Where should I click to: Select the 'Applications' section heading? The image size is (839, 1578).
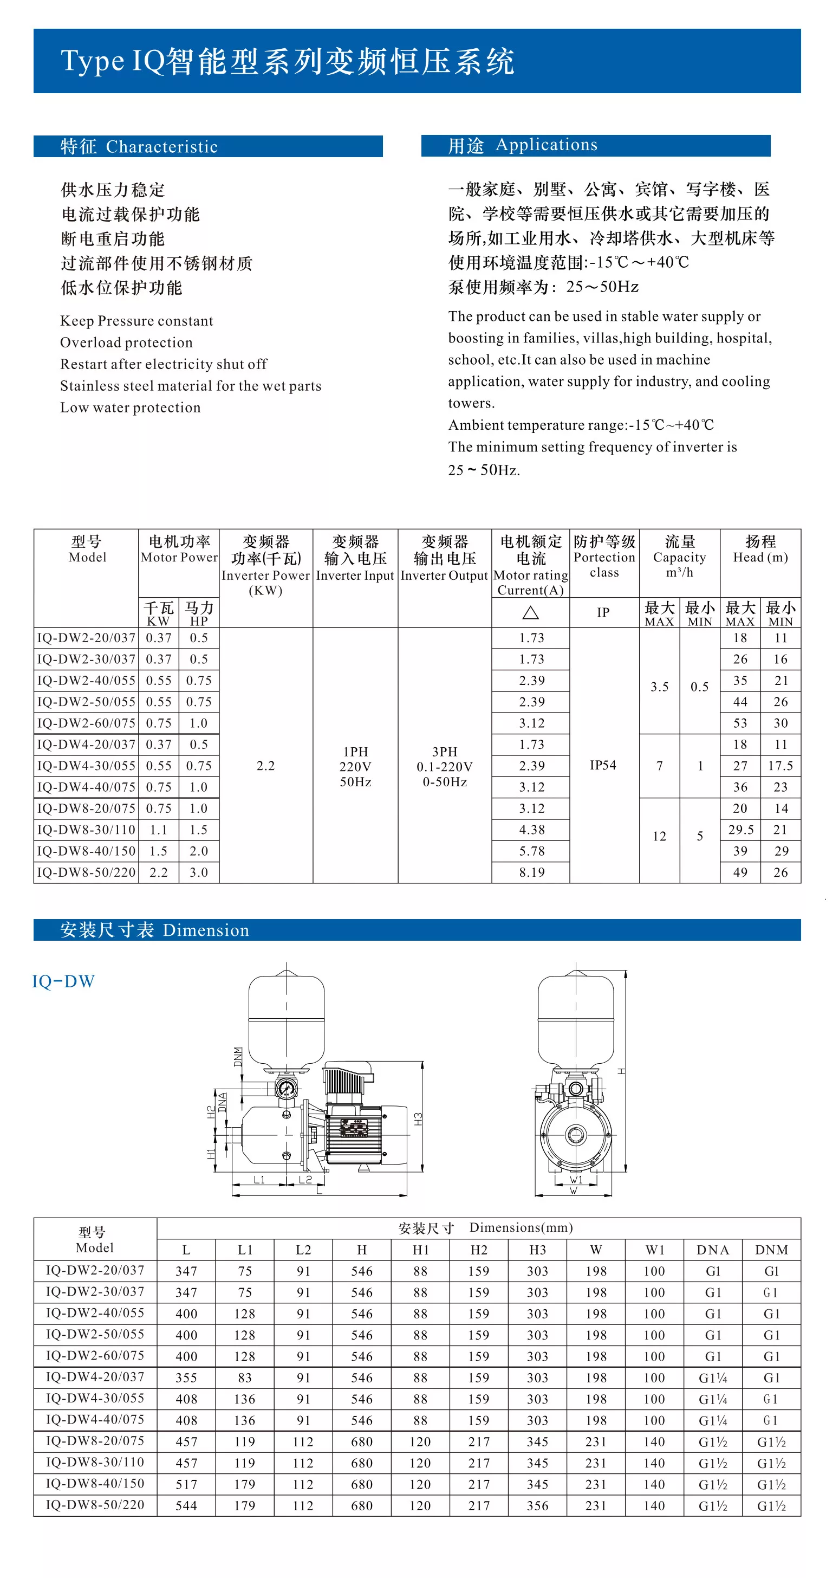coord(547,145)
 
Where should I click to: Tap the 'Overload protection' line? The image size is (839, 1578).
coord(126,342)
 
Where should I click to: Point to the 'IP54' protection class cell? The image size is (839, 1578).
coord(603,765)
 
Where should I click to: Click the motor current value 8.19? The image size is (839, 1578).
coord(531,872)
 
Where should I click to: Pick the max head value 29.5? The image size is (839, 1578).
coord(740,830)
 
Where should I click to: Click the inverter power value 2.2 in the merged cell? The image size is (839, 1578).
coord(265,766)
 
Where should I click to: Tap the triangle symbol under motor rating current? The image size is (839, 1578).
coord(530,612)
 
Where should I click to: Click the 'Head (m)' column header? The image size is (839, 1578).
coord(760,558)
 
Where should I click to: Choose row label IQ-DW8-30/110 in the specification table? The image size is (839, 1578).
coord(86,830)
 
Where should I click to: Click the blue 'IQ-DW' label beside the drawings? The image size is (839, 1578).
coord(64,981)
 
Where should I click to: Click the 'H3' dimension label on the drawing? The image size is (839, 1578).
coord(418,1118)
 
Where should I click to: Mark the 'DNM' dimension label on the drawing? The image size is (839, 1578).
coord(238,1057)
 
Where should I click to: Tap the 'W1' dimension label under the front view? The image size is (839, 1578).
coord(576,1180)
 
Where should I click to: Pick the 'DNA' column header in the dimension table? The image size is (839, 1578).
coord(713,1250)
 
